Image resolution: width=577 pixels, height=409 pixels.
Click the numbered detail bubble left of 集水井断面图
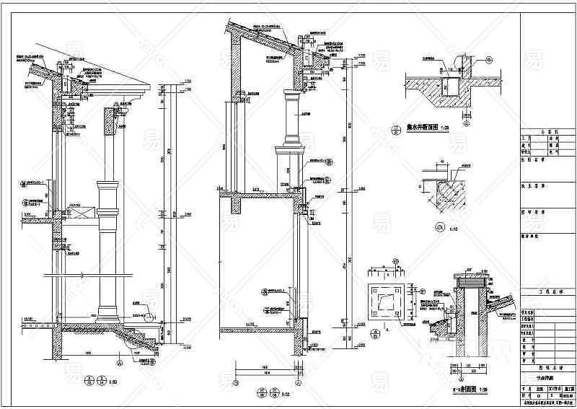pos(395,131)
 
